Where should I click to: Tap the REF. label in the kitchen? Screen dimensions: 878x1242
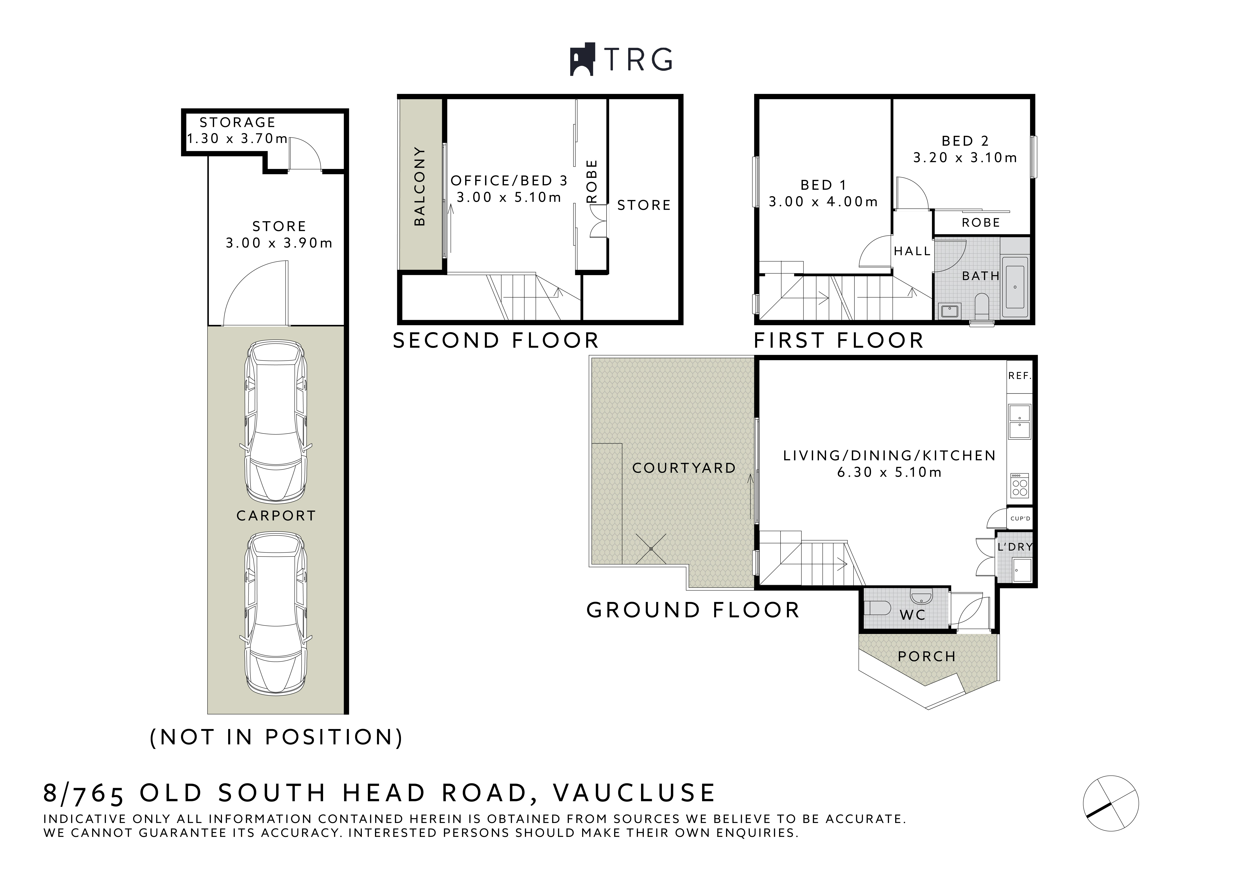tap(1020, 375)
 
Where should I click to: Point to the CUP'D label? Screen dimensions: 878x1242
tap(1020, 518)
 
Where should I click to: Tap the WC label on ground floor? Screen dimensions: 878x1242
tap(913, 615)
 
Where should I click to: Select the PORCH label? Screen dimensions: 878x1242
tap(927, 656)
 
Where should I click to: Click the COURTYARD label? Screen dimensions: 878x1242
tap(684, 468)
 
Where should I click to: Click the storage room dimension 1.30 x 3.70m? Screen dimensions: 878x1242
tap(237, 139)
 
